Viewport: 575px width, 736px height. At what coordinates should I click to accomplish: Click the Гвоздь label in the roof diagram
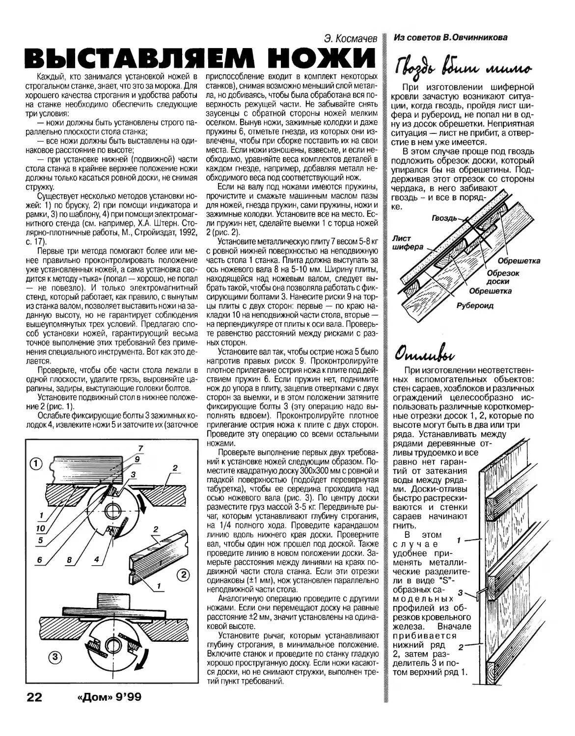[444, 217]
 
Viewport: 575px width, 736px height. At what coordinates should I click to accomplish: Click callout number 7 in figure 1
[140, 447]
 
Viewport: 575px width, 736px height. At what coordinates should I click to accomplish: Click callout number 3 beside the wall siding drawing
[460, 593]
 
